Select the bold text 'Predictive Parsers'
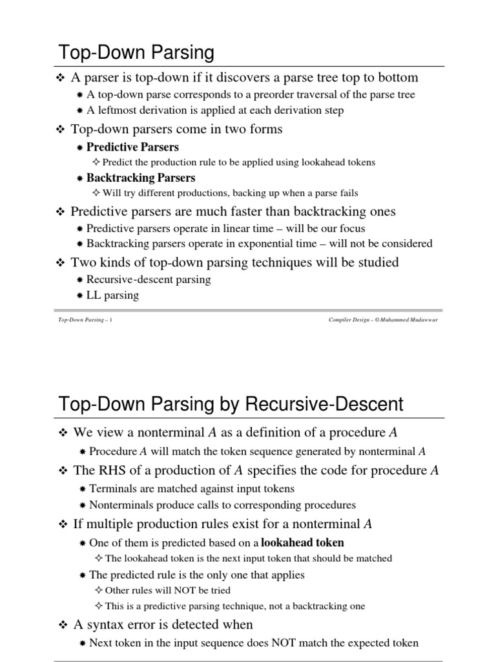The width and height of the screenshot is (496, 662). tap(132, 147)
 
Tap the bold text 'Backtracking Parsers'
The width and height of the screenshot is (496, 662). tap(140, 177)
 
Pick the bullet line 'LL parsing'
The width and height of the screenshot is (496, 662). tap(112, 295)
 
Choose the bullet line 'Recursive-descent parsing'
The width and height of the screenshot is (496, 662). tap(149, 280)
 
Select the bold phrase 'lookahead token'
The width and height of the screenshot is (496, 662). tap(302, 542)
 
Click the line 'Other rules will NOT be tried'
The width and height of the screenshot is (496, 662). tap(167, 590)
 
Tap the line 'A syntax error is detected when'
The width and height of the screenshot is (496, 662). tap(163, 625)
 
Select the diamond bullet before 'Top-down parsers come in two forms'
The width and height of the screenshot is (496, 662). tap(62, 130)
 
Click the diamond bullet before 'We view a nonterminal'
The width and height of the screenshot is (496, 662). tap(63, 432)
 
